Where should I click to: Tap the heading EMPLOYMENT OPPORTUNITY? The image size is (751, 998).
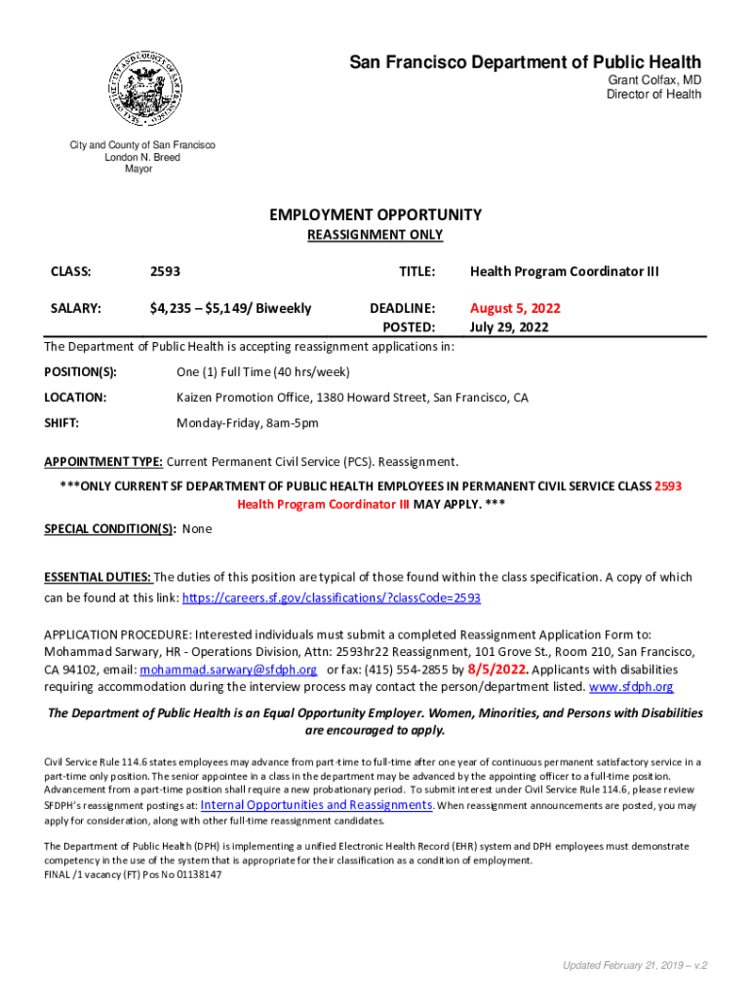(375, 214)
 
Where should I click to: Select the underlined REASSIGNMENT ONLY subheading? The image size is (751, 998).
(375, 235)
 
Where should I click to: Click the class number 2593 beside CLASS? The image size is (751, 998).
(165, 271)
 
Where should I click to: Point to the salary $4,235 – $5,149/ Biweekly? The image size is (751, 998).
(230, 308)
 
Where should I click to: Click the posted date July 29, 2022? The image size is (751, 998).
(509, 326)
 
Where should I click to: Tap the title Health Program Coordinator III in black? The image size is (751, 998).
(565, 271)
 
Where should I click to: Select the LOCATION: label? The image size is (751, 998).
(75, 398)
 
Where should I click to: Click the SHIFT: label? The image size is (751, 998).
(61, 423)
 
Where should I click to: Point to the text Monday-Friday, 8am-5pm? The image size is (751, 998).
(247, 423)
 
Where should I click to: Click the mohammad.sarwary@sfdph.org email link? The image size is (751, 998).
(228, 670)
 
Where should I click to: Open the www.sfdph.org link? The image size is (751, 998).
(632, 687)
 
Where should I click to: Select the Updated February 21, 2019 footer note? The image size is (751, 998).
(634, 965)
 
